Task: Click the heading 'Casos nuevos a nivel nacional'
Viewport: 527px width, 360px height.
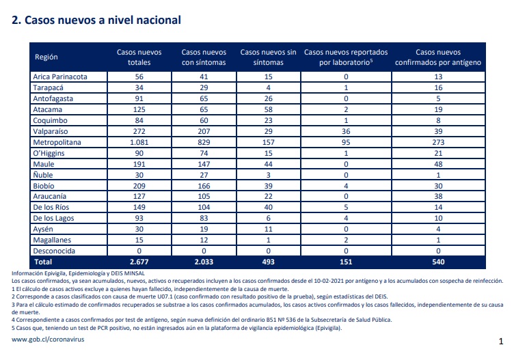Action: tap(103, 20)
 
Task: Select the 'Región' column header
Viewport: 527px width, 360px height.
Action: tap(46, 57)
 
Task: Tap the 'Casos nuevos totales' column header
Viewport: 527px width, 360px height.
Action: tap(139, 57)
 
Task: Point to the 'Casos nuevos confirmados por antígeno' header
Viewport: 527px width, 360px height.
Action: tap(438, 57)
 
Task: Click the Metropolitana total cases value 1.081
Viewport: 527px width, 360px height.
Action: tap(139, 142)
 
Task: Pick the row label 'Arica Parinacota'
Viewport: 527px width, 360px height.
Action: tap(60, 77)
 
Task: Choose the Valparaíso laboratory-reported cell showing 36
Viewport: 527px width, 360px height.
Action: tap(346, 131)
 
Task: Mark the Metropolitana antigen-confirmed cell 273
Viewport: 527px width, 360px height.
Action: tap(438, 142)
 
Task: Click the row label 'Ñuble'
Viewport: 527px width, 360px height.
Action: tap(43, 175)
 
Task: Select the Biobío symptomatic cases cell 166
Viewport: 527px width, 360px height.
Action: tap(204, 186)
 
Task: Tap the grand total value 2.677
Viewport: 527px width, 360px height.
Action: tap(139, 262)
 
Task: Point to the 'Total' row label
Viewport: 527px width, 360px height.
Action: tap(43, 262)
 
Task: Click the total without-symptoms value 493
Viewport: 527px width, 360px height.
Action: tap(268, 262)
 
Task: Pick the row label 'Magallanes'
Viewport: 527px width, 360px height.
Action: tap(52, 240)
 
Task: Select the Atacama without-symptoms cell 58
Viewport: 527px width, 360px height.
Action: tap(268, 109)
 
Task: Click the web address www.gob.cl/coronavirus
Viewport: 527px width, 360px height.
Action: tap(48, 340)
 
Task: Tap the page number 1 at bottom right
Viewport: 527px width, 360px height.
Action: tap(501, 342)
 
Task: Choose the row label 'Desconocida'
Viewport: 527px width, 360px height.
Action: tap(54, 251)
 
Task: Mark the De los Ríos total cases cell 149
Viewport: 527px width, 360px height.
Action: tap(139, 207)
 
